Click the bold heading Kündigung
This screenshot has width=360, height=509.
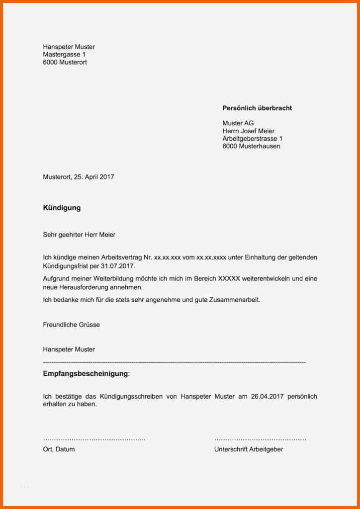tap(62, 208)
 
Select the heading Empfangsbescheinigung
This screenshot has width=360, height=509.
tap(86, 373)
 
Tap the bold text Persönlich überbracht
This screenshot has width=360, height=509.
tap(257, 108)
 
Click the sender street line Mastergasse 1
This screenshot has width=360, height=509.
tap(64, 55)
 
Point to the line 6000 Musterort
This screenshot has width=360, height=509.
tap(65, 63)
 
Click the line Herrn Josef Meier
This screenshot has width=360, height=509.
tap(248, 131)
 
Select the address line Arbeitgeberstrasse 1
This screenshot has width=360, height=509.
tap(252, 139)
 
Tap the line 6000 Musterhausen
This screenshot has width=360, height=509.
tap(251, 147)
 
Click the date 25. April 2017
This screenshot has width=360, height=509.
tap(94, 177)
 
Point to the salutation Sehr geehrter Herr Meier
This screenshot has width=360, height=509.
tap(79, 235)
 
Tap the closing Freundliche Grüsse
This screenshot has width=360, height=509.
tap(71, 325)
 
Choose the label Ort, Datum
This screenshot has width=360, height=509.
tap(59, 449)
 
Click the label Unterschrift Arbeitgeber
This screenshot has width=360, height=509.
tap(249, 449)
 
